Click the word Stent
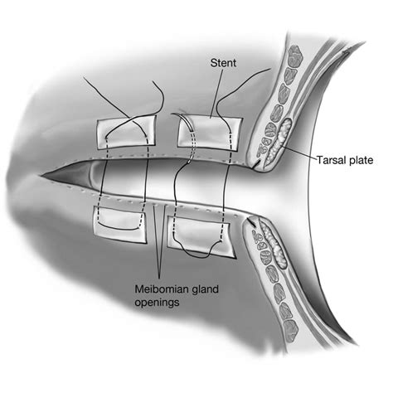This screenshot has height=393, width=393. coord(223,63)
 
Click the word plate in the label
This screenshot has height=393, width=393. coord(361,161)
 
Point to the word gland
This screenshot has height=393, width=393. coord(205,289)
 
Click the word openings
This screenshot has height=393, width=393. coord(157,303)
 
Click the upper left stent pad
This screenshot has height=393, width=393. coord(126,131)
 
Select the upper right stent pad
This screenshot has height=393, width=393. coord(210,133)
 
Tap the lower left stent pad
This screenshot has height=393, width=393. coord(120,225)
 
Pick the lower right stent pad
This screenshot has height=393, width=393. coord(201,235)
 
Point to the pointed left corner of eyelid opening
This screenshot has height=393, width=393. coord(41,175)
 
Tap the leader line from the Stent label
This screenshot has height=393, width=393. coord(216,94)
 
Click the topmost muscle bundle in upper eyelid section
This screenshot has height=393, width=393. coord(295,56)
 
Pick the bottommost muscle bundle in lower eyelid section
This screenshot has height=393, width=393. coord(290,330)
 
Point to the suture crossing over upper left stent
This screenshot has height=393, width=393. coord(130,119)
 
